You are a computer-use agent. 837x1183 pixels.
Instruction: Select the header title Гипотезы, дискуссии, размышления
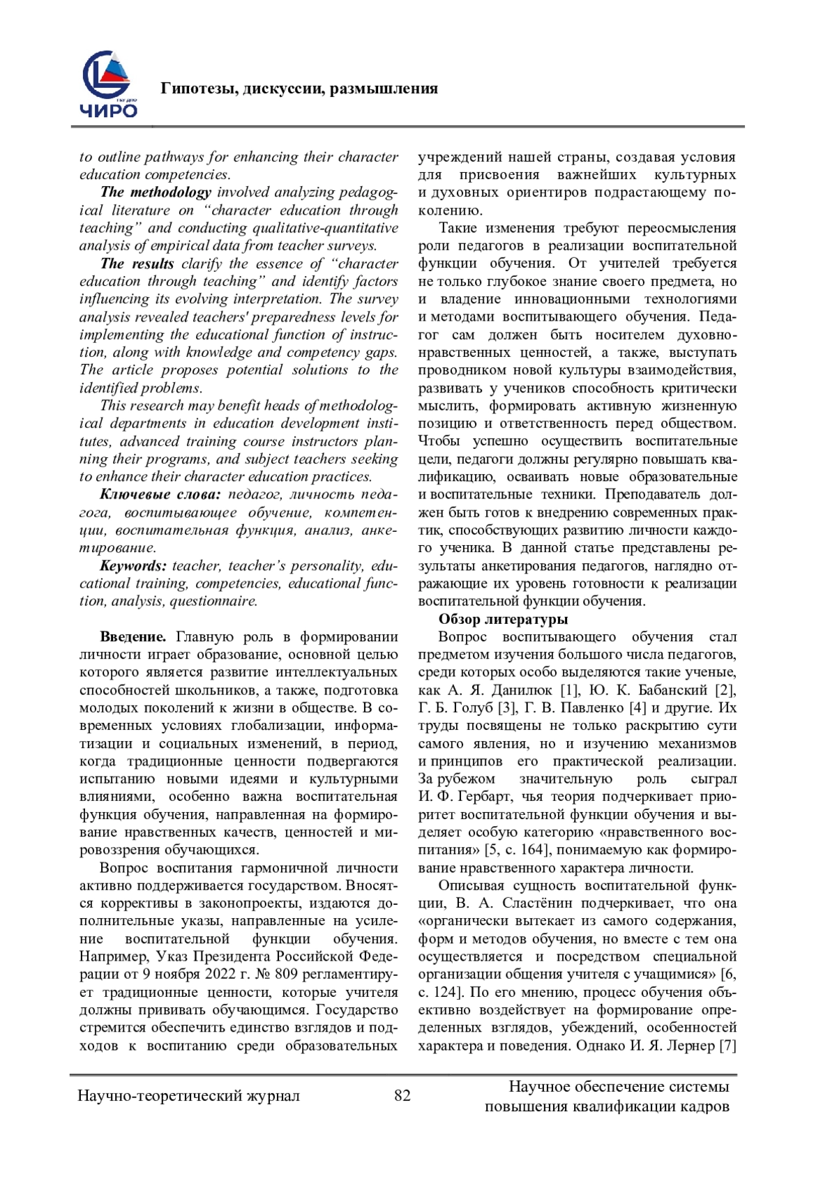click(299, 89)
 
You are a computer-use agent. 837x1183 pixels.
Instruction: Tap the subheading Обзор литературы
click(503, 619)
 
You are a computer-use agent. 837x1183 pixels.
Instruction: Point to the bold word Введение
click(133, 636)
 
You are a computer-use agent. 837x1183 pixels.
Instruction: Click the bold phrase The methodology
click(155, 192)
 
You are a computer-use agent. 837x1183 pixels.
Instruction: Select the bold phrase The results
click(137, 264)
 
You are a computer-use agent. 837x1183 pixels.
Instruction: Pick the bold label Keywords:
click(133, 565)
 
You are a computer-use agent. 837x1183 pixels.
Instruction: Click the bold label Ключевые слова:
click(160, 494)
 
